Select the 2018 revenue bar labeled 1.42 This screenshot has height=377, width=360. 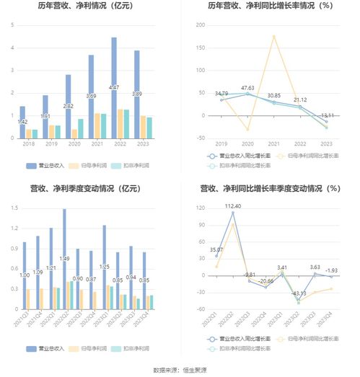coord(22,123)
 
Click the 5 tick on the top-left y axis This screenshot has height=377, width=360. coord(12,25)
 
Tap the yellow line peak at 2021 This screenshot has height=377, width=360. coord(274,36)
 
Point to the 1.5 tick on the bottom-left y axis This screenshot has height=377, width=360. coord(12,209)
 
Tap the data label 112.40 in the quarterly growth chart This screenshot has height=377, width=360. coord(233,206)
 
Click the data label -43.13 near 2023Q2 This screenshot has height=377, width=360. coord(299,293)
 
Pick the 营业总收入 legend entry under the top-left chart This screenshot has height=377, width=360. coord(45,165)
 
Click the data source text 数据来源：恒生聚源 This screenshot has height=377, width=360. coord(180,370)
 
